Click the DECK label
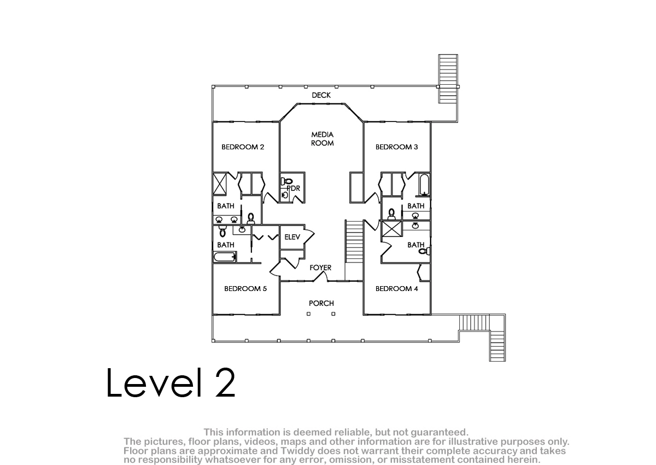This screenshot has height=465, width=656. pos(321,95)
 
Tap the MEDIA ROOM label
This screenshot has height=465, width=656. pos(322,139)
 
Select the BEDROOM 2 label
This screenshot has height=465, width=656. pos(243,147)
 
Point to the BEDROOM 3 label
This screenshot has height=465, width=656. pos(396,147)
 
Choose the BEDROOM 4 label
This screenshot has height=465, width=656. pos(396,289)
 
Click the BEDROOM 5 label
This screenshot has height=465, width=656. pos(245,289)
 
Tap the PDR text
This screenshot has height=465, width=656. pos(294,188)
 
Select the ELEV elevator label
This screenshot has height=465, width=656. pos(292,237)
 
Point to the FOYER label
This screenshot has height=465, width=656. pos(320,268)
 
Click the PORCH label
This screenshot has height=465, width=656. pos(321,303)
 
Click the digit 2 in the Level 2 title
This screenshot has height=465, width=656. pos(225,382)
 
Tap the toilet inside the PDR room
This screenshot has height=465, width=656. pos(286,182)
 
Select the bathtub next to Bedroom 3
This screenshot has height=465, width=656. pos(424,184)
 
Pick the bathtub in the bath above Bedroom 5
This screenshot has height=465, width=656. pos(225,257)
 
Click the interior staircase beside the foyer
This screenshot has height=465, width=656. pos(354,242)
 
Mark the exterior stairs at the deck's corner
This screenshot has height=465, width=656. pos(448,79)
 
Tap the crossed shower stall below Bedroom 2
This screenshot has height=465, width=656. pos(220,184)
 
